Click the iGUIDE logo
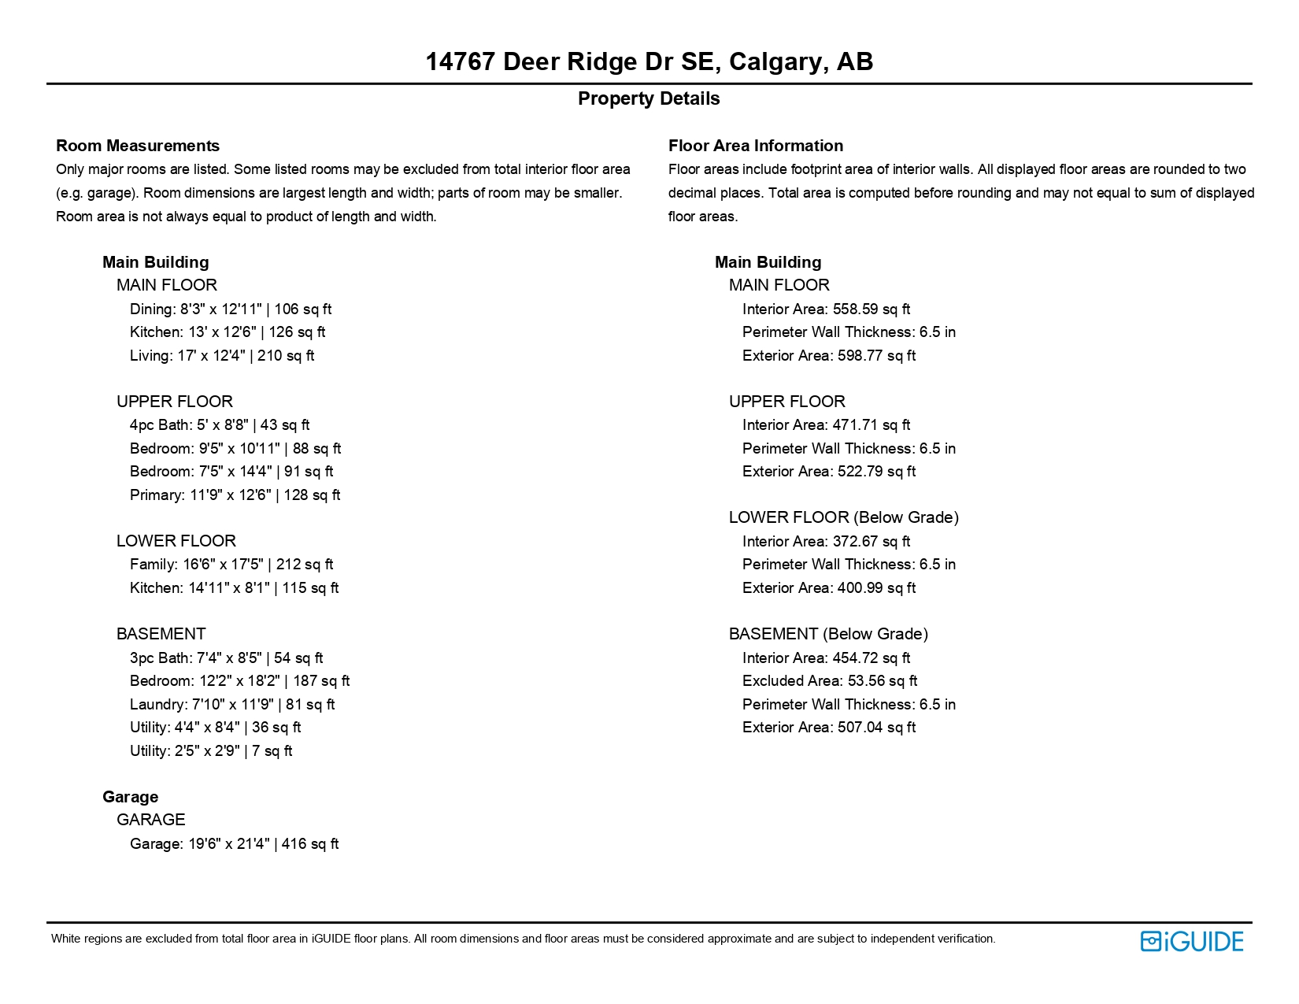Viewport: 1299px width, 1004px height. pyautogui.click(x=1191, y=941)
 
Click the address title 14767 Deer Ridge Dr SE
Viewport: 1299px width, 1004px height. pyautogui.click(x=649, y=61)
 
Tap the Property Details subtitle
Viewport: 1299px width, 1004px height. pyautogui.click(x=649, y=98)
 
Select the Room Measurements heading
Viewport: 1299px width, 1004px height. pyautogui.click(x=138, y=146)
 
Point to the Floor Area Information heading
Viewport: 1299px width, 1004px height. pyautogui.click(x=755, y=146)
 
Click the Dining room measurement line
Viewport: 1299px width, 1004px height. pyautogui.click(x=231, y=309)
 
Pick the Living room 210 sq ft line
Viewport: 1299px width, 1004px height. pyautogui.click(x=222, y=355)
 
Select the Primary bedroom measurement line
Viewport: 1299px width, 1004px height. pyautogui.click(x=235, y=495)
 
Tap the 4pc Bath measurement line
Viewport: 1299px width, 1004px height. pyautogui.click(x=220, y=424)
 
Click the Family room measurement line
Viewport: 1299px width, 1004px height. pyautogui.click(x=231, y=564)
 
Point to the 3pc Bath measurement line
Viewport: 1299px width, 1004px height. pyautogui.click(x=226, y=658)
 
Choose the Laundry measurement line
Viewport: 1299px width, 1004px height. pyautogui.click(x=232, y=704)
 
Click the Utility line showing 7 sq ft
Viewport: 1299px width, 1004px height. pyautogui.click(x=211, y=750)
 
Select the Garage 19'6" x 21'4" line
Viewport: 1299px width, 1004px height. pyautogui.click(x=234, y=843)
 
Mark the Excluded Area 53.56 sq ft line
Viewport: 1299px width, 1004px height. pyautogui.click(x=830, y=680)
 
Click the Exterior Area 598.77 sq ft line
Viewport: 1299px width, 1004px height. pyautogui.click(x=829, y=355)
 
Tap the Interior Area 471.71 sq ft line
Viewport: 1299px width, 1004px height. pyautogui.click(x=826, y=424)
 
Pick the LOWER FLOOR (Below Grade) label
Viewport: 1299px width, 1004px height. pyautogui.click(x=843, y=517)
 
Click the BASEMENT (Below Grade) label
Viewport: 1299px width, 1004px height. pyautogui.click(x=828, y=634)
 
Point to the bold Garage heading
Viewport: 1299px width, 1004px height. pyautogui.click(x=131, y=797)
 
